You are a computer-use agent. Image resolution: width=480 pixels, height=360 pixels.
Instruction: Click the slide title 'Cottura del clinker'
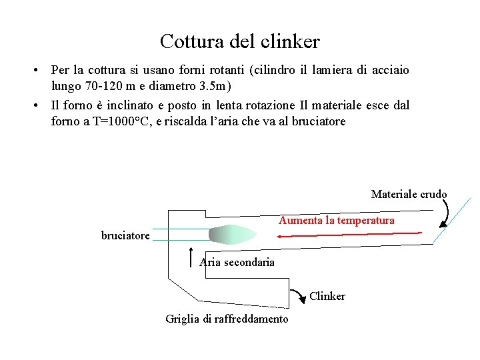240,42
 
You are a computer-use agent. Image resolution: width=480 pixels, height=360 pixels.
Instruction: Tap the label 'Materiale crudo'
409,195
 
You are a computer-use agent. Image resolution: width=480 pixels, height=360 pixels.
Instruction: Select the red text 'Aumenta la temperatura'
337,220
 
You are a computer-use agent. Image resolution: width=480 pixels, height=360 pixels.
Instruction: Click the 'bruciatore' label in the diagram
125,235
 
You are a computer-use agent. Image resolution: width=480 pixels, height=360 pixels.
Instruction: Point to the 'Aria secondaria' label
237,262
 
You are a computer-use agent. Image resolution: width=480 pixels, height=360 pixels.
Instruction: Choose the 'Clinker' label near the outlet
327,296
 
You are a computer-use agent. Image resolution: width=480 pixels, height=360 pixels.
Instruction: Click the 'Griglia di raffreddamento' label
227,319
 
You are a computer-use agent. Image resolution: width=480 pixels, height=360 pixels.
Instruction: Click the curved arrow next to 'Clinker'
300,295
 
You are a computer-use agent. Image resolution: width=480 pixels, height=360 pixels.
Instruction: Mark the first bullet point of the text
40,70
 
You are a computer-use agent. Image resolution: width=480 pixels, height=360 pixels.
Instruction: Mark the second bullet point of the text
40,105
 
